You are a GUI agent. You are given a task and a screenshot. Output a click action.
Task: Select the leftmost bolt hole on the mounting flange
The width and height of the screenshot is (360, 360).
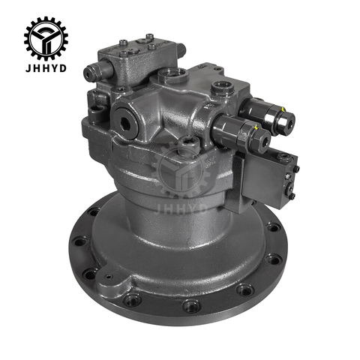[x=81, y=244]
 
